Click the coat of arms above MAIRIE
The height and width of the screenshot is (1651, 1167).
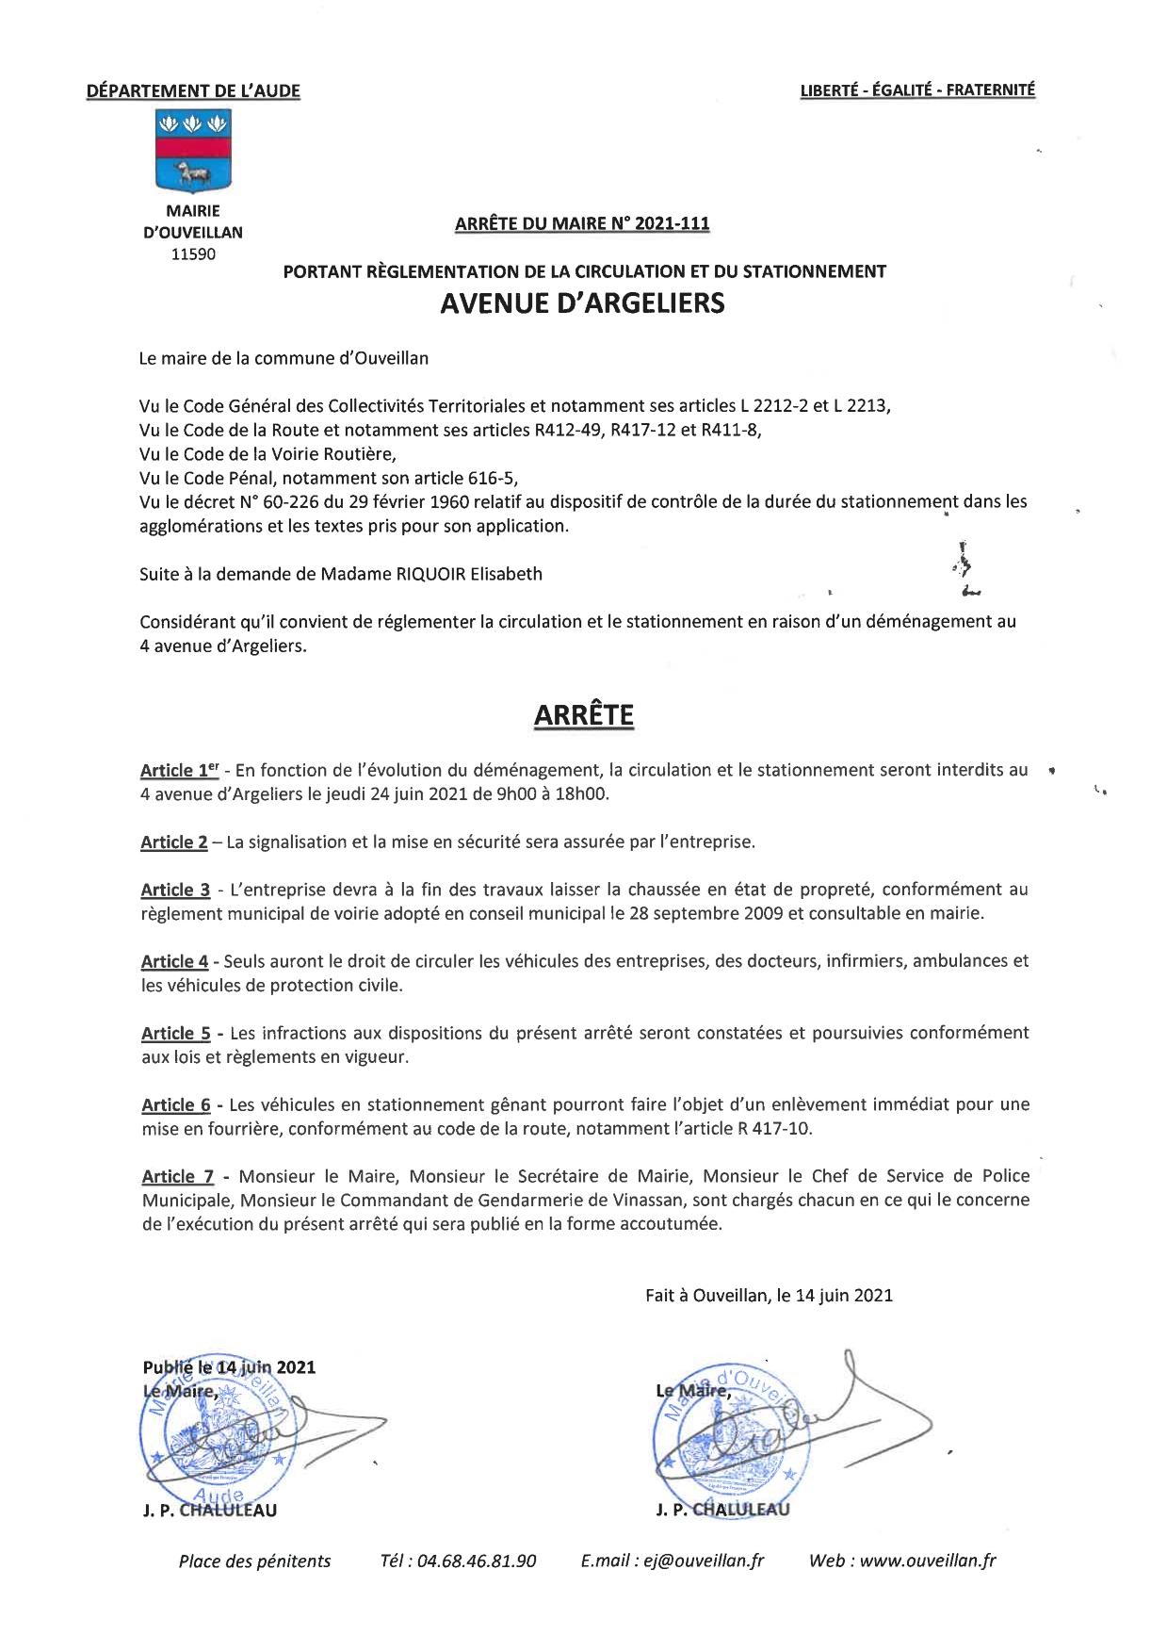coord(193,152)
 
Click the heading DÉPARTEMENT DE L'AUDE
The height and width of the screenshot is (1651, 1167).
coord(193,91)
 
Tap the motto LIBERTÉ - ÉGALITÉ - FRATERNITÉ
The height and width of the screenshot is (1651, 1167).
coord(916,90)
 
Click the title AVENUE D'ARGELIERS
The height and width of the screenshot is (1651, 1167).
coord(583,303)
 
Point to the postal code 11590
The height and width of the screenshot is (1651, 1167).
coord(193,254)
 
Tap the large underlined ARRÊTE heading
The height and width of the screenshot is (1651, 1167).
coord(583,715)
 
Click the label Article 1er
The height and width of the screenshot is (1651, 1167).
coord(179,771)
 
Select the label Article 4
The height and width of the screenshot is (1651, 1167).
coord(174,962)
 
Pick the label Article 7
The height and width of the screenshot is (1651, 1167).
coord(177,1177)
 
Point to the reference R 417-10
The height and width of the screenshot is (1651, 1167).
coord(774,1129)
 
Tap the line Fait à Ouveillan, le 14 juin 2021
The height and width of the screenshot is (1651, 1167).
coord(769,1296)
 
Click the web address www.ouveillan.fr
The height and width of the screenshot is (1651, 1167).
coord(927,1561)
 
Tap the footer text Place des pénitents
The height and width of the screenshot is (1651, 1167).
coord(254,1561)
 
